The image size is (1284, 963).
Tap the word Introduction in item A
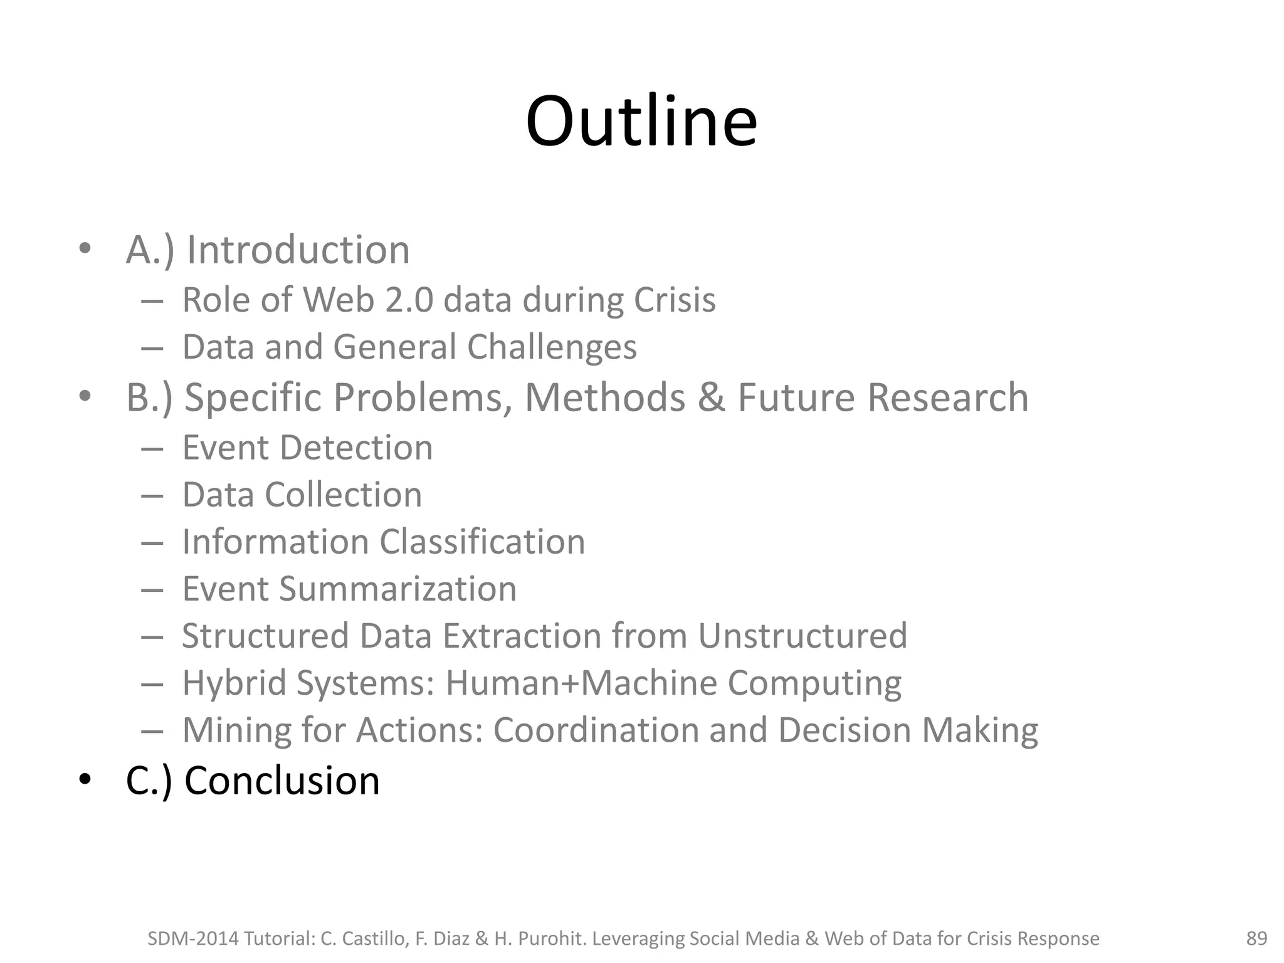(298, 250)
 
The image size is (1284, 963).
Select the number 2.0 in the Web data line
(409, 300)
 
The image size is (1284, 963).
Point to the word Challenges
(552, 347)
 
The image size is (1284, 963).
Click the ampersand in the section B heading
(711, 397)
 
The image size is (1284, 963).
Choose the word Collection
(343, 495)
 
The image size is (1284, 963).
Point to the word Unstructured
(802, 636)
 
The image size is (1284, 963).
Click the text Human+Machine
(581, 683)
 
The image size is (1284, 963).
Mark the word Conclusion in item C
(282, 781)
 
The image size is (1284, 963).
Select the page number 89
(1256, 939)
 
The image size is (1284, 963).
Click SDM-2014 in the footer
(192, 939)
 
